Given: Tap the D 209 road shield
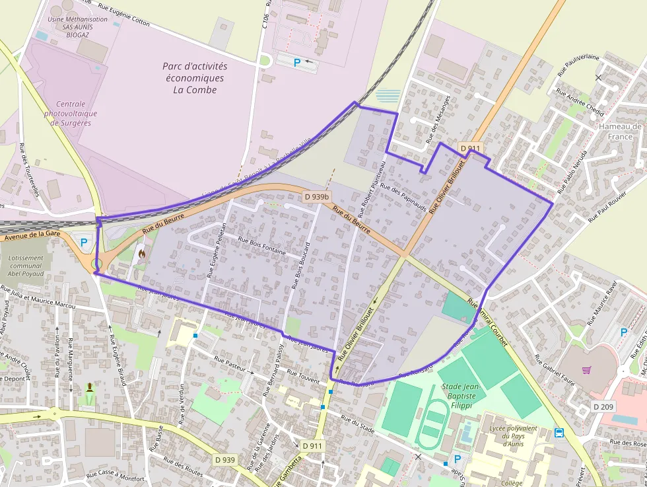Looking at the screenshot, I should (603, 406).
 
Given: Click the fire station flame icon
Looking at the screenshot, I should (141, 252).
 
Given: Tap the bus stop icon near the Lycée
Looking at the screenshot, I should (559, 433).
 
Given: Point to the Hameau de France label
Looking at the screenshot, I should (620, 131).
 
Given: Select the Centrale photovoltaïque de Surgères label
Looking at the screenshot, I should (71, 114).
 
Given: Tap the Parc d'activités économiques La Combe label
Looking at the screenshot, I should (195, 78).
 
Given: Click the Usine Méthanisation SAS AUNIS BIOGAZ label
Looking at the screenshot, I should (77, 27).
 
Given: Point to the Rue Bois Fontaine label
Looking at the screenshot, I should (262, 246).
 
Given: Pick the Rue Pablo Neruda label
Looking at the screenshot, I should (572, 174).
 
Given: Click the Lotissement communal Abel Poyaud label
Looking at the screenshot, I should (26, 266).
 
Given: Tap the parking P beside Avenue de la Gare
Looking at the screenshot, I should (84, 243).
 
